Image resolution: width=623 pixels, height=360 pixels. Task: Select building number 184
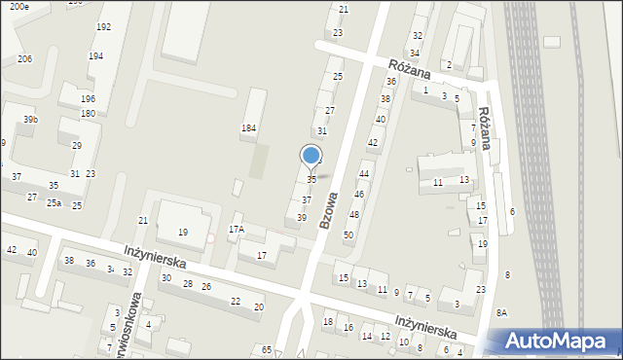click(x=249, y=128)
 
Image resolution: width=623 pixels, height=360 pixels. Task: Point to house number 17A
click(x=237, y=230)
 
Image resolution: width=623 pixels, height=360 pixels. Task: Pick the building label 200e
click(x=15, y=7)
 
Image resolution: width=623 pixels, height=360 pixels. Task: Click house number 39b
click(x=31, y=120)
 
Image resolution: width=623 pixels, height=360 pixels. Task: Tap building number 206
click(x=24, y=59)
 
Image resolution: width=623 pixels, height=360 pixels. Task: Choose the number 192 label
click(x=103, y=27)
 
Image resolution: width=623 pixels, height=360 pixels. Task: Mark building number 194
click(x=95, y=56)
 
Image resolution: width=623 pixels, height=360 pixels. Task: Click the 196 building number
click(x=88, y=99)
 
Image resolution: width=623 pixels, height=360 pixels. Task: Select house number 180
click(x=88, y=114)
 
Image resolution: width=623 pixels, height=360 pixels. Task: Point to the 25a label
click(x=54, y=203)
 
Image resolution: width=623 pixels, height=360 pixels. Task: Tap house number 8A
click(x=501, y=312)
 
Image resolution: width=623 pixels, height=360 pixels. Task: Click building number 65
click(x=267, y=348)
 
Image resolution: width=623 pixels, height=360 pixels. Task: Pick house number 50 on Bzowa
click(x=348, y=235)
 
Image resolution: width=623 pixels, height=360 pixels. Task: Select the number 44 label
click(x=363, y=174)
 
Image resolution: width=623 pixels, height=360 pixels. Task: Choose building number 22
click(x=235, y=302)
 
